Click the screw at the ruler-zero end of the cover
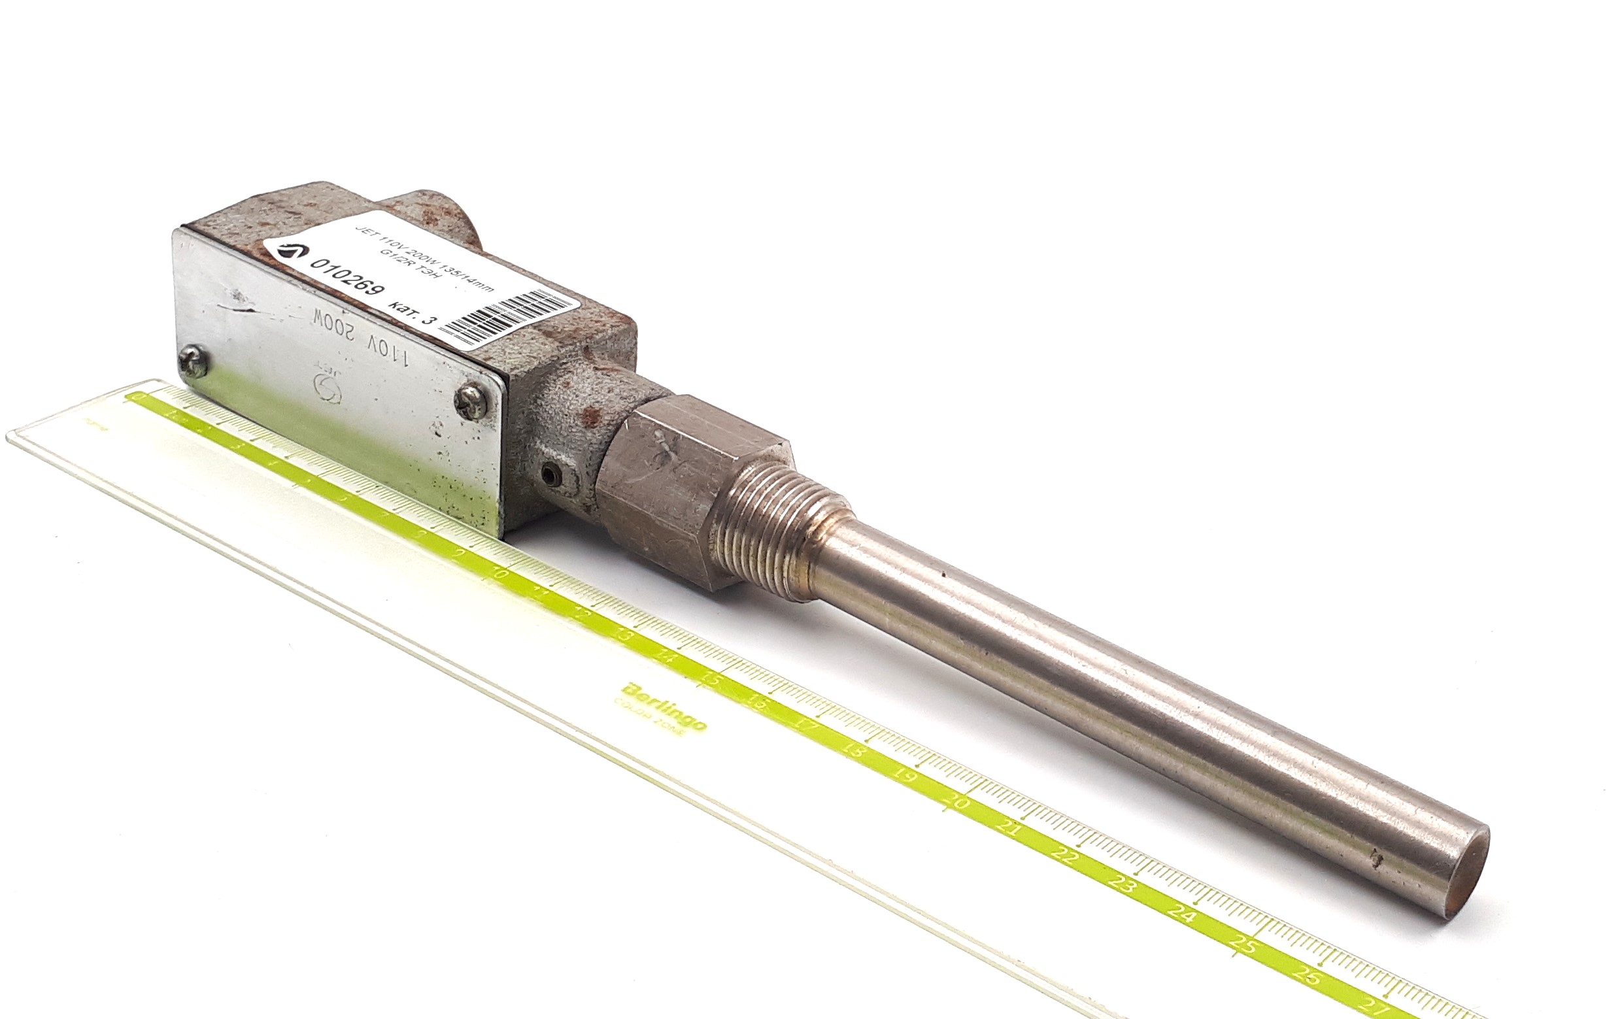(194, 363)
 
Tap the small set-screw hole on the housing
(551, 475)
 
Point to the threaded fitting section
(781, 532)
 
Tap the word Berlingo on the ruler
(664, 705)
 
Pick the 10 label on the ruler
(498, 573)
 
